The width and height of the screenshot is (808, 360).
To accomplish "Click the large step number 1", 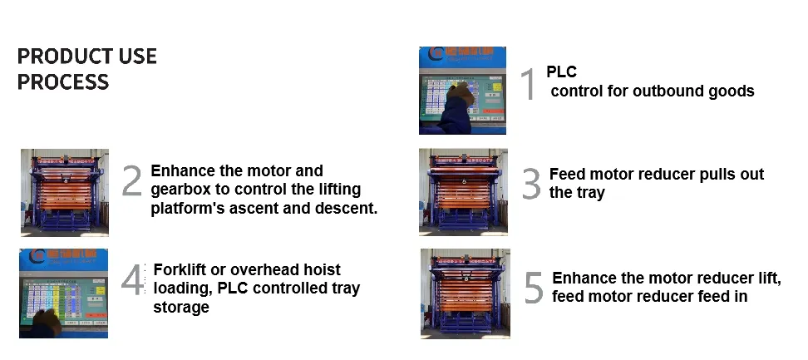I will [528, 85].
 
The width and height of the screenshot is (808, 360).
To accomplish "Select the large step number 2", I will [132, 181].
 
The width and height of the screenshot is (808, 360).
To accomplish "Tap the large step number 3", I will [531, 184].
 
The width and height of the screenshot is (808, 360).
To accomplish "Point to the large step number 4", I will [133, 281].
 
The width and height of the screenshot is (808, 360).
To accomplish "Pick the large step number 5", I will [534, 287].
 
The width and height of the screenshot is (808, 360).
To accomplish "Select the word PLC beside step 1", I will [561, 72].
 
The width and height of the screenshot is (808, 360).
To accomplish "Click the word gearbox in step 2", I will [180, 190].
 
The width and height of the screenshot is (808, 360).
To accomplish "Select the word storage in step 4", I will [180, 307].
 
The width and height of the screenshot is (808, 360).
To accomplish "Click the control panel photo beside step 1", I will [463, 91].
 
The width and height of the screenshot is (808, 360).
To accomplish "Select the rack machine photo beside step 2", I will [65, 191].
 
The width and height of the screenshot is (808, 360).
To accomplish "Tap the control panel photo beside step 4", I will [65, 292].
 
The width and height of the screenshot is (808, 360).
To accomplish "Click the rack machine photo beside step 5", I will [466, 293].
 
